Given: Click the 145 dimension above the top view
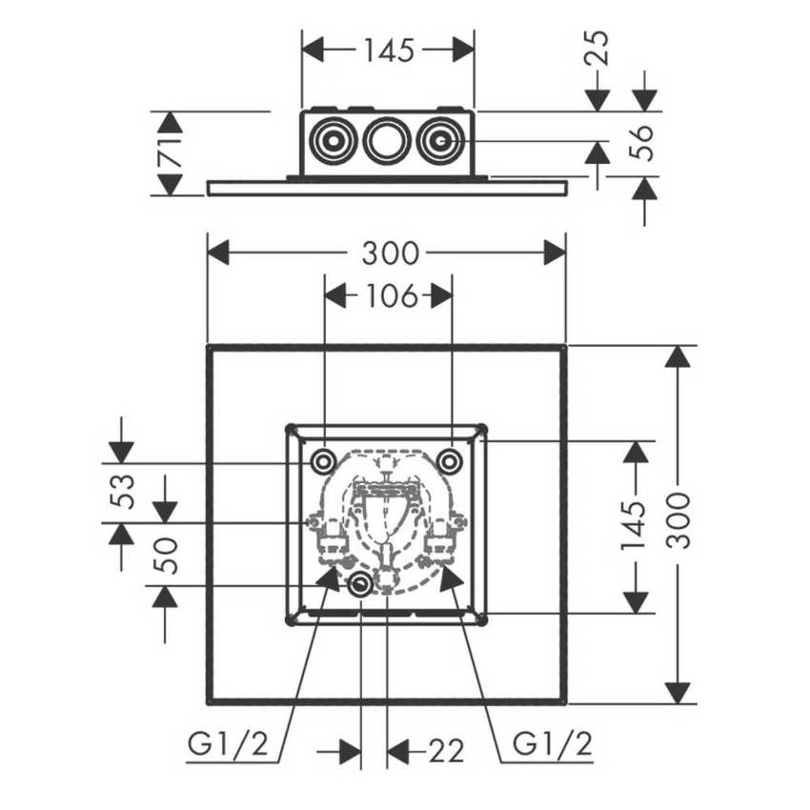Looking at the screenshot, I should [x=388, y=50].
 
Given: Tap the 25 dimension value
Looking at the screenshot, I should [x=598, y=48].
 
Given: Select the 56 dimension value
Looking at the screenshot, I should [x=645, y=141].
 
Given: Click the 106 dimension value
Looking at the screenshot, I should [x=388, y=296].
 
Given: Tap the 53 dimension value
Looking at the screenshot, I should [x=121, y=492].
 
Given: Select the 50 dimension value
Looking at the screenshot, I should [x=165, y=554].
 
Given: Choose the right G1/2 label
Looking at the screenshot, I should [x=547, y=742].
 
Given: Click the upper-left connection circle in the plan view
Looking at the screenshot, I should [x=323, y=462].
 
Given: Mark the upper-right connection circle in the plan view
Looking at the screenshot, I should [x=450, y=462].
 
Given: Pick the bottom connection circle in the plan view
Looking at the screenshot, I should [x=361, y=585].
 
